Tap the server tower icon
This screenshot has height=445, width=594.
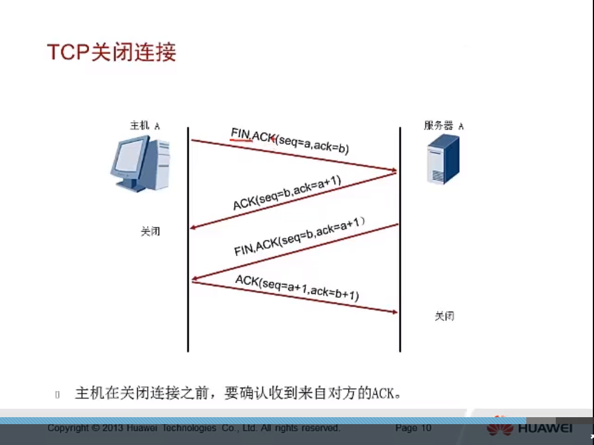pos(443,159)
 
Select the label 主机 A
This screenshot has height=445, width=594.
pos(145,126)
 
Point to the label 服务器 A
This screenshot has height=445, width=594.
pos(444,126)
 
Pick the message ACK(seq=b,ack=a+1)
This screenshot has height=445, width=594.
pos(287,193)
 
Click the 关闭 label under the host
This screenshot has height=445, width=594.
pos(150,232)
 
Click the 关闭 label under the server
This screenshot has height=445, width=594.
pos(444,316)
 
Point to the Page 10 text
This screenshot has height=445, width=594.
pos(413,428)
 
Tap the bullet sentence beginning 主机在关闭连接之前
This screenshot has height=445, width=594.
pos(238,393)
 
